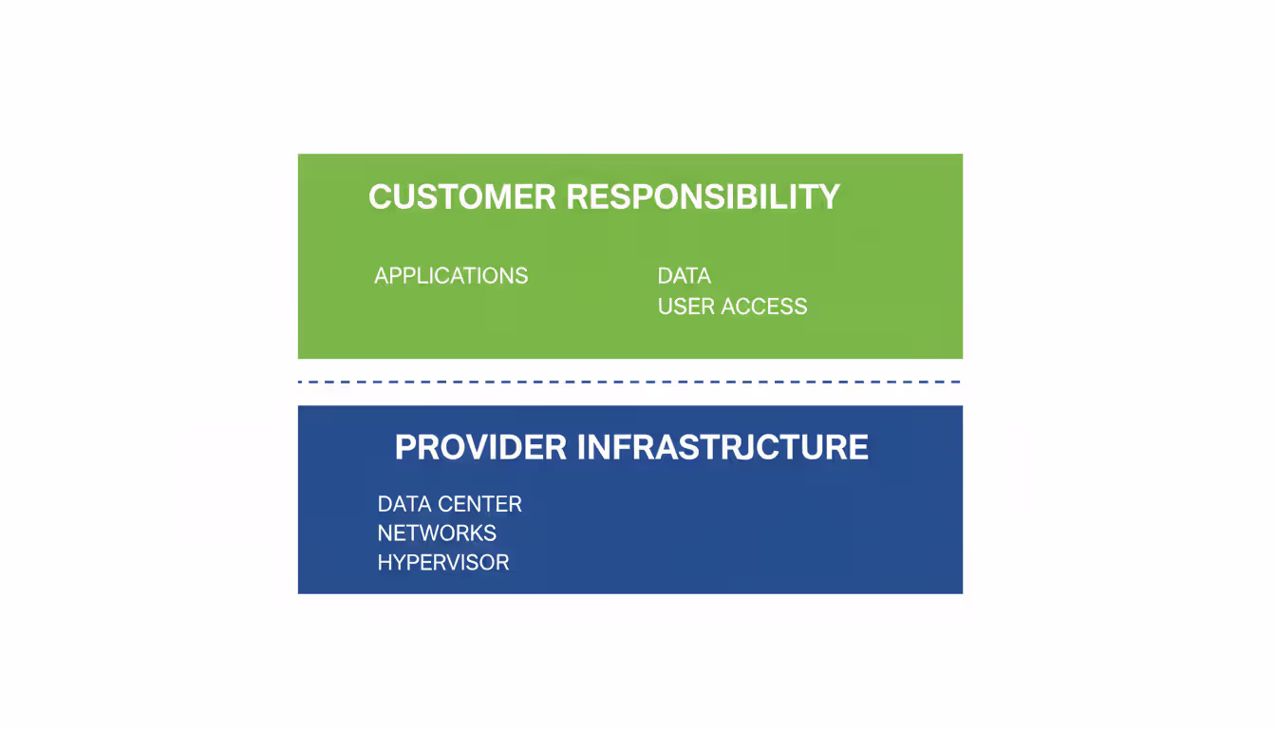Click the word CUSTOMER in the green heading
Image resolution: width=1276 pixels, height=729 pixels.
[462, 197]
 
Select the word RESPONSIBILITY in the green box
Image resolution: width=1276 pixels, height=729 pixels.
[704, 197]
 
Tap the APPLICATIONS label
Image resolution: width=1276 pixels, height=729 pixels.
[451, 276]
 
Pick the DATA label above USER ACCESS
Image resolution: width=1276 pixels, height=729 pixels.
[684, 276]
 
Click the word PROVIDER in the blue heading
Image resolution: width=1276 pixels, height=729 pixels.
[480, 447]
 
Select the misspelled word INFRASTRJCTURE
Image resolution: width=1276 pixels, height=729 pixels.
[722, 447]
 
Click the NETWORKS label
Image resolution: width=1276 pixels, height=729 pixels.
[437, 533]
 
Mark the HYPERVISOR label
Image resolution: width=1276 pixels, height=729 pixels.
[443, 563]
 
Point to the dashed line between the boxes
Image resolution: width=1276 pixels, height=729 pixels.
[629, 382]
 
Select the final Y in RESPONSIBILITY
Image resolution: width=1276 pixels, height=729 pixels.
[829, 197]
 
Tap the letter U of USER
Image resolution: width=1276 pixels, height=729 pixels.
[666, 307]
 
